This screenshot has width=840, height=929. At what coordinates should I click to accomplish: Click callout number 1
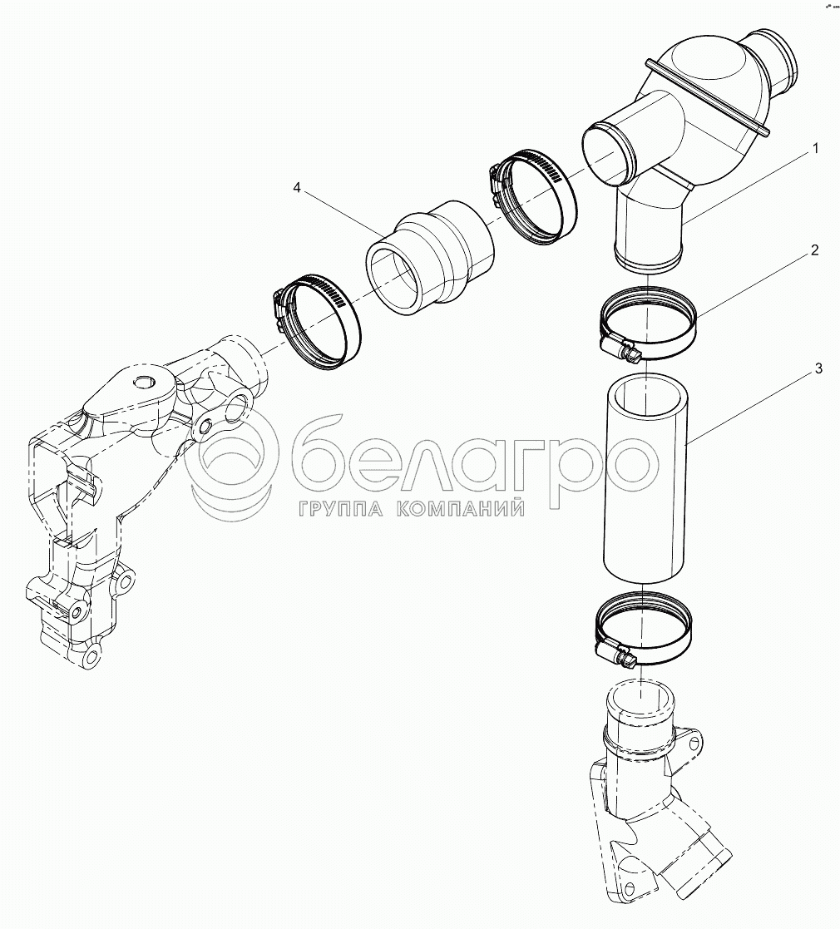pyautogui.click(x=815, y=149)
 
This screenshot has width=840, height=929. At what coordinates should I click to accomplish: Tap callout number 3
pyautogui.click(x=818, y=369)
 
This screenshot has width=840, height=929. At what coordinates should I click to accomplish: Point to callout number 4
pyautogui.click(x=297, y=188)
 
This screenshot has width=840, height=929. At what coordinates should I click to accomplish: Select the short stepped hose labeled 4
pyautogui.click(x=429, y=256)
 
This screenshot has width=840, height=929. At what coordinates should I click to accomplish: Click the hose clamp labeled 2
pyautogui.click(x=648, y=322)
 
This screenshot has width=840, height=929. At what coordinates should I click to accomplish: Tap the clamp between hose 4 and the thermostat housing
pyautogui.click(x=533, y=195)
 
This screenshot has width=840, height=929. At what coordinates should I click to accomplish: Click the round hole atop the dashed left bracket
pyautogui.click(x=143, y=383)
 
